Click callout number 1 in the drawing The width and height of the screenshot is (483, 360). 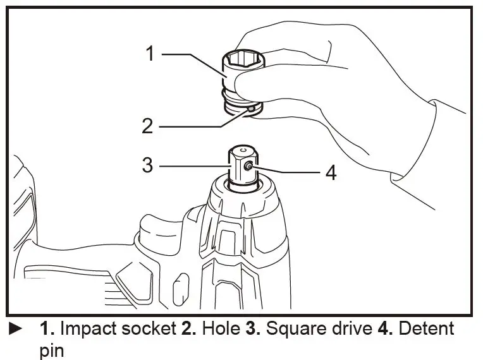pyautogui.click(x=150, y=54)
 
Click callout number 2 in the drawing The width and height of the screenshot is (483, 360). pyautogui.click(x=147, y=126)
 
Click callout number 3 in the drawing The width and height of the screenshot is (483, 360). pyautogui.click(x=147, y=165)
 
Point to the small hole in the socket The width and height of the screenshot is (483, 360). pyautogui.click(x=251, y=109)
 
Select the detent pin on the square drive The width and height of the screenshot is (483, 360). pyautogui.click(x=248, y=167)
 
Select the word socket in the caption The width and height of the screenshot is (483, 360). pyautogui.click(x=147, y=330)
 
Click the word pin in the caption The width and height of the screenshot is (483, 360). pyautogui.click(x=52, y=349)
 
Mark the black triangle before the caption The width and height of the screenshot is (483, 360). pyautogui.click(x=15, y=329)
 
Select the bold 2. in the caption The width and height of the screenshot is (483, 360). pyautogui.click(x=180, y=330)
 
